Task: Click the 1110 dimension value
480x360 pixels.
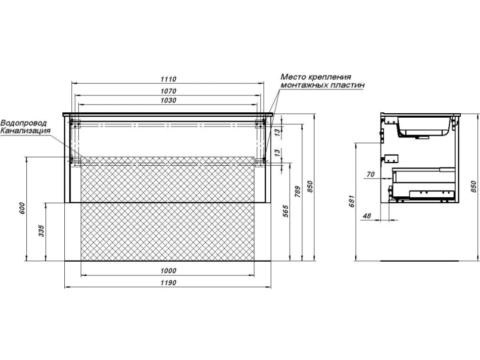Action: tap(168, 79)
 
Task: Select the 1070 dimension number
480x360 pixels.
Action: tap(168, 91)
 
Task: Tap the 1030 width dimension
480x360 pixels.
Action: tap(168, 100)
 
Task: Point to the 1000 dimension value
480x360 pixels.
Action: tap(168, 270)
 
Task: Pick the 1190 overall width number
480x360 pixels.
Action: tap(168, 283)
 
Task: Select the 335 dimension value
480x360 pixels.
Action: tap(42, 231)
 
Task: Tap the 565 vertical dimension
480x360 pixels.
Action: tap(286, 211)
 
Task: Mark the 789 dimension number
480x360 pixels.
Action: tap(298, 191)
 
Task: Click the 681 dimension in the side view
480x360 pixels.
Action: tap(352, 201)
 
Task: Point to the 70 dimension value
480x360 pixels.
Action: tap(371, 175)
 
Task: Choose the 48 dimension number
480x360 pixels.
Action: tap(366, 216)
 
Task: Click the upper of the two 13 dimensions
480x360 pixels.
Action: tap(277, 133)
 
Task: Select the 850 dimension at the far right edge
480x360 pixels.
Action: tap(474, 186)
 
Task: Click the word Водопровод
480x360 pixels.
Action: tap(24, 123)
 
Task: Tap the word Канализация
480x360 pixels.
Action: tap(25, 131)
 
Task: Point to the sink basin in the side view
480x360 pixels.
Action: tap(424, 127)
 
